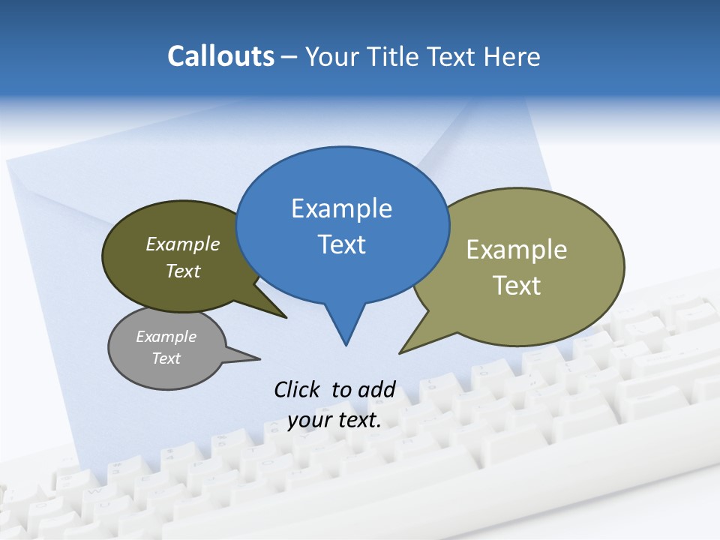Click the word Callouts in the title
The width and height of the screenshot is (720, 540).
click(220, 56)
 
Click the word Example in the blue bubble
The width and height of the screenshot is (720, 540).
click(341, 208)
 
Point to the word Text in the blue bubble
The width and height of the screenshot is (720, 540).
click(341, 244)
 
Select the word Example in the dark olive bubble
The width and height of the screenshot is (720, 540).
click(183, 244)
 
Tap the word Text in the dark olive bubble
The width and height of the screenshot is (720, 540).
click(183, 271)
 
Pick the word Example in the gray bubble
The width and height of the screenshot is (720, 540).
click(166, 337)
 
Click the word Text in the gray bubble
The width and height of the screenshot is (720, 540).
click(166, 358)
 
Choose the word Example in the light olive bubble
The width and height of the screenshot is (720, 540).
click(517, 250)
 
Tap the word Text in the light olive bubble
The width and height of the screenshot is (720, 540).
click(517, 286)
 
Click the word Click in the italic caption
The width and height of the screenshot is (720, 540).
click(297, 389)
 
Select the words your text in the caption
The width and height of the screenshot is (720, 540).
click(334, 420)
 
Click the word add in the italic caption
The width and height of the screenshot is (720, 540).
click(376, 389)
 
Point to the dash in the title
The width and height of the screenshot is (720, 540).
click(289, 56)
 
